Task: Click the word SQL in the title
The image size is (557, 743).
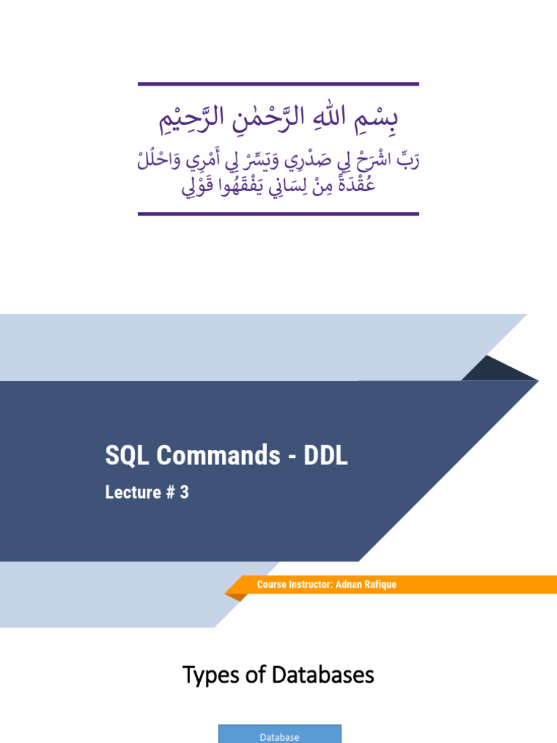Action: (x=125, y=456)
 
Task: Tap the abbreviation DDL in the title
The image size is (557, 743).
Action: (x=325, y=456)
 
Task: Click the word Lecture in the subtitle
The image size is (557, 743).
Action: (x=133, y=492)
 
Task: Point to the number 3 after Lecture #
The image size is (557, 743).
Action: (x=184, y=492)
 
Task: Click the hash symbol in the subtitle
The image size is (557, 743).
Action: (x=171, y=492)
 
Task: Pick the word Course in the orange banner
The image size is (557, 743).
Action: (x=271, y=585)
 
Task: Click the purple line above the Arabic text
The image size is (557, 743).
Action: (x=278, y=84)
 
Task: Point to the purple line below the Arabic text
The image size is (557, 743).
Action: (x=278, y=214)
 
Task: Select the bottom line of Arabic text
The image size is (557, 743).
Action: (x=278, y=187)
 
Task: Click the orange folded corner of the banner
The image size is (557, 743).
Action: (x=234, y=596)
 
